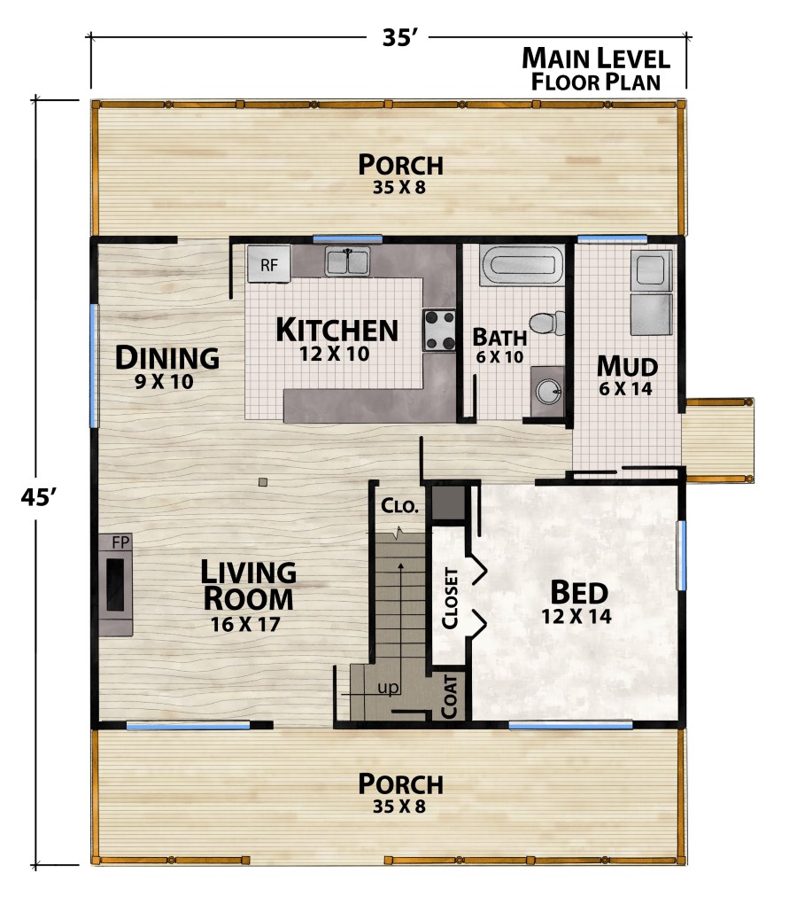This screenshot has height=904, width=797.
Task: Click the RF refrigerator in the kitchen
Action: pos(268,264)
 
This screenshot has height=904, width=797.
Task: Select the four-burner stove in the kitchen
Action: pos(439,330)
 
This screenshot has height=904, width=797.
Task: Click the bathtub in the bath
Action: pos(522,266)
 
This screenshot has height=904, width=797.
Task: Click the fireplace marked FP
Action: pos(116,585)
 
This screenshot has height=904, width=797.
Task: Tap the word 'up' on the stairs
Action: pos(387,688)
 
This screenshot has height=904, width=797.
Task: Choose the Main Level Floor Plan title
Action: pos(595,69)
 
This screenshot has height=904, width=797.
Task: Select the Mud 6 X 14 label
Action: pos(625,375)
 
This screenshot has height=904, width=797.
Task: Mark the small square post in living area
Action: pos(262,482)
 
